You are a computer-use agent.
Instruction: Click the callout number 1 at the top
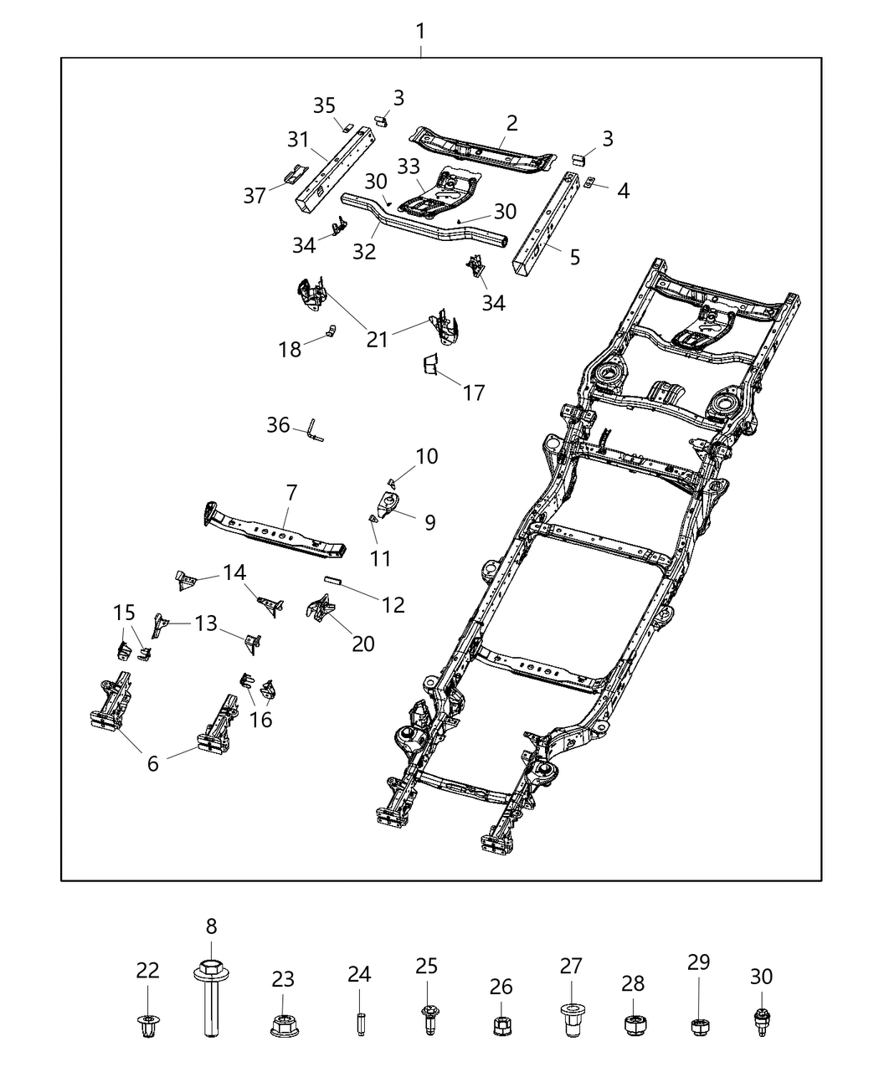point(420,32)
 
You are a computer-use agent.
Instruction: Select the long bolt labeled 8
point(211,1001)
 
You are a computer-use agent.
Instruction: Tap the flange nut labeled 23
point(283,1024)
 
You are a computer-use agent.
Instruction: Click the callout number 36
point(278,425)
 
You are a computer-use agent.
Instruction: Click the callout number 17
point(473,392)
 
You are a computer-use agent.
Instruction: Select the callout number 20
point(363,643)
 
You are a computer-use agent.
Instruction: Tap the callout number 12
point(393,603)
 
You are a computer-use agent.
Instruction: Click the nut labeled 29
point(699,1025)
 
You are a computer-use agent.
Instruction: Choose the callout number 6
point(152,762)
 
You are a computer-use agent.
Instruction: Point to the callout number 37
point(254,195)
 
